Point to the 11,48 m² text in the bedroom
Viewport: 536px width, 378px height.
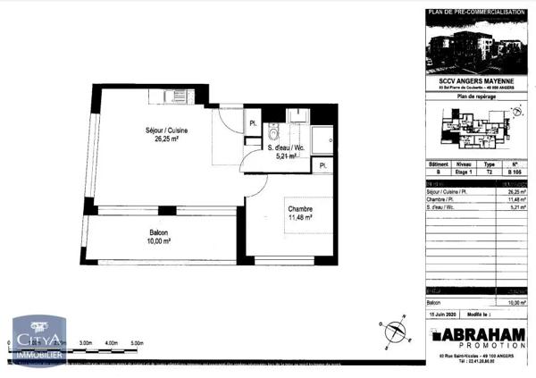[299, 217]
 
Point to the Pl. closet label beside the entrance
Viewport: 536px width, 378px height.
[253, 123]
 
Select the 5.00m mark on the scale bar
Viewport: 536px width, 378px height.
[137, 342]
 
